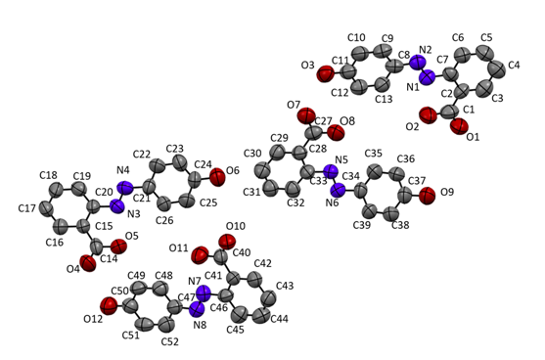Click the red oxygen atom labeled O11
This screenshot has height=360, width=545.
[202, 256]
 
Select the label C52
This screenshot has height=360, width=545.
[169, 341]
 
